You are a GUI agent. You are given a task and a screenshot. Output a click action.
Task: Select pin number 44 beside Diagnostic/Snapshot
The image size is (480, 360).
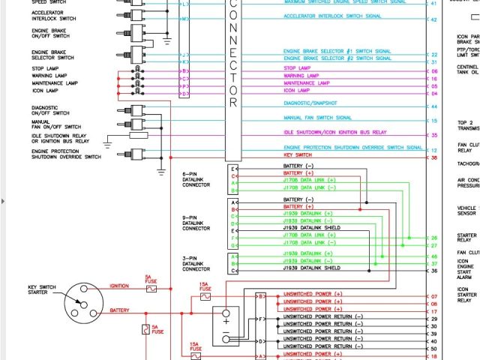433,106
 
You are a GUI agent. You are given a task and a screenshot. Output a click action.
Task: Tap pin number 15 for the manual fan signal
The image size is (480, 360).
433,120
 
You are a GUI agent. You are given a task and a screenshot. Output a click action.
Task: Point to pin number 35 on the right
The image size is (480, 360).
433,135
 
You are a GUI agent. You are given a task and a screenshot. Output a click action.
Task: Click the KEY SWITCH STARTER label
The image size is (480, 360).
43,290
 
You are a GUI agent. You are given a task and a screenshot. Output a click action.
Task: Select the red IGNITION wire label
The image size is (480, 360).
120,285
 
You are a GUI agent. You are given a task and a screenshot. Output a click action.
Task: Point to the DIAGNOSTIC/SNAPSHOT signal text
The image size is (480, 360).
310,103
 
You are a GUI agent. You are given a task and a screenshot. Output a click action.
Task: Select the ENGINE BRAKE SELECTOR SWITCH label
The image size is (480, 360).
52,55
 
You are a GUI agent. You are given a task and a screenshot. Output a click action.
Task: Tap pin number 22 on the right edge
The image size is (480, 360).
433,55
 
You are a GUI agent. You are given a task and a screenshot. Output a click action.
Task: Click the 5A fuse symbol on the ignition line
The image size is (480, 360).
150,289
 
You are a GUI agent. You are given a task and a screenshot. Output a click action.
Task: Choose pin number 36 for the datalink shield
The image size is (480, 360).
433,270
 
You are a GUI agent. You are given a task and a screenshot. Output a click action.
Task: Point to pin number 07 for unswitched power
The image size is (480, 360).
433,296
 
